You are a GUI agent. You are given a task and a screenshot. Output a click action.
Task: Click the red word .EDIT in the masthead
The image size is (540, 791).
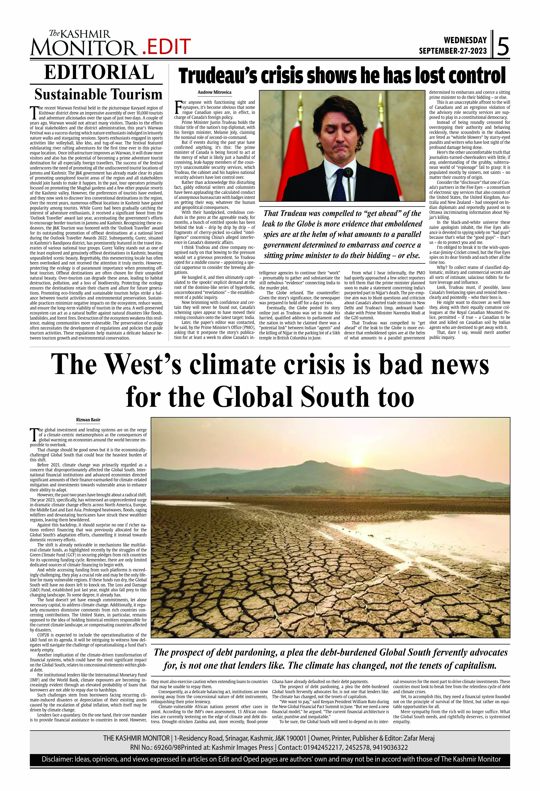[x=166, y=47]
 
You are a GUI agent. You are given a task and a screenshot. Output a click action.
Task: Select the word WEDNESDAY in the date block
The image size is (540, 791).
[x=465, y=40]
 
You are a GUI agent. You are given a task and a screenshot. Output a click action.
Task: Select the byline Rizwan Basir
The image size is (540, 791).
[x=88, y=420]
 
